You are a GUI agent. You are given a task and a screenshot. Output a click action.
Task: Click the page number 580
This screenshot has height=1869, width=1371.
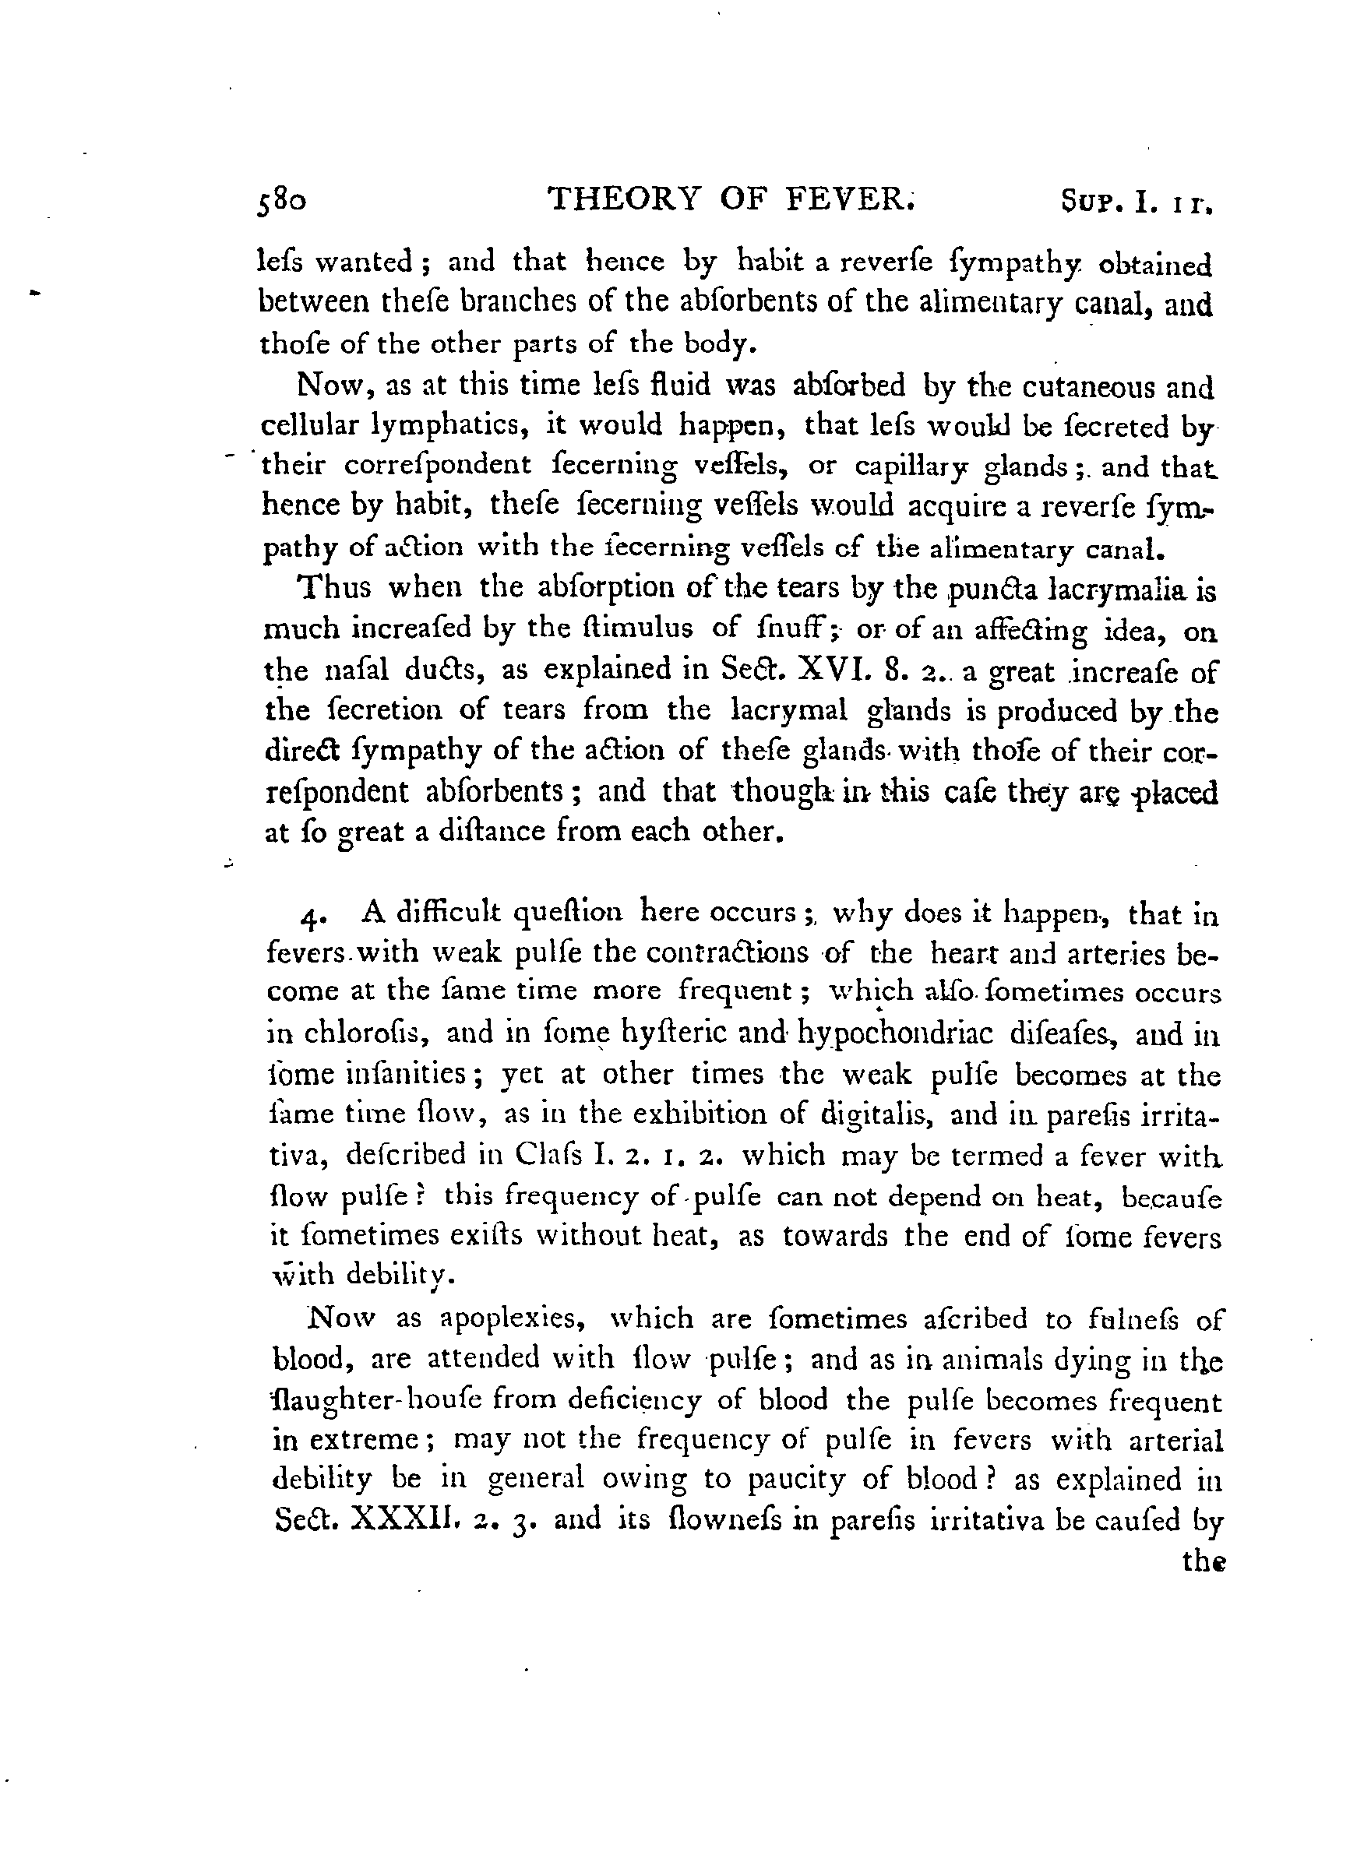pyautogui.click(x=281, y=202)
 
